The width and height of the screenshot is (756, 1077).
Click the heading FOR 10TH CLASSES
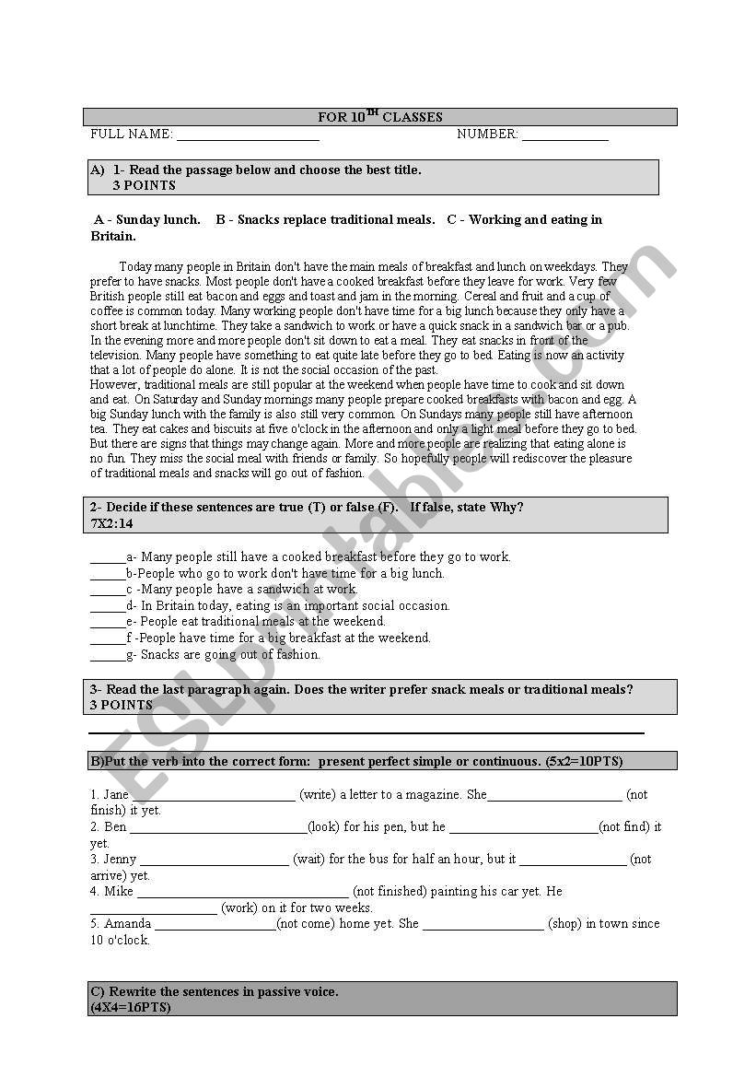point(379,117)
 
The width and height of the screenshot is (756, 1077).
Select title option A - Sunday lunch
point(147,220)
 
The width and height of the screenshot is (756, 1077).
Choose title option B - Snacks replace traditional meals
point(325,220)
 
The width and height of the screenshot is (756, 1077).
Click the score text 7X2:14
point(111,523)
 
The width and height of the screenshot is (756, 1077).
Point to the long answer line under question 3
point(366,732)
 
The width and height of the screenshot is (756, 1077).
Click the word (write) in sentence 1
point(318,794)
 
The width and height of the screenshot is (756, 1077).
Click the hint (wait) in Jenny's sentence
point(308,860)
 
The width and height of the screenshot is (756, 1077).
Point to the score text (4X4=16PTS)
point(130,1008)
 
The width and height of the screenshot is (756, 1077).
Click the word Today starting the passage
point(136,267)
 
